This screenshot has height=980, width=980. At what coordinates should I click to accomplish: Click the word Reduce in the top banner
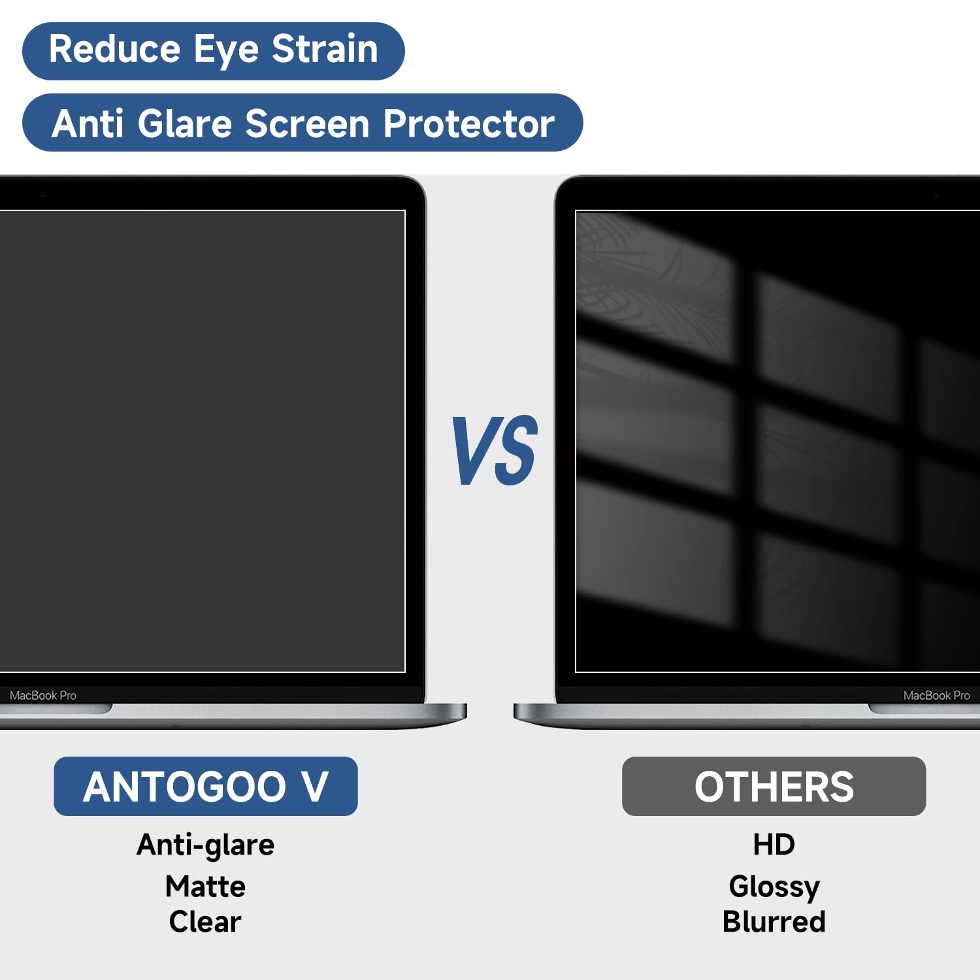point(114,50)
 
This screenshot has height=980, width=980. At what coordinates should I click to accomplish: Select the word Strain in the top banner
point(325,50)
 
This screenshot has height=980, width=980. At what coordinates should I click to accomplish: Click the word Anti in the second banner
point(88,123)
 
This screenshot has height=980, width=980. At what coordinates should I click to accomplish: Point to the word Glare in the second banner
point(185,123)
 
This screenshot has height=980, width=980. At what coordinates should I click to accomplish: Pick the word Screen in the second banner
point(307,123)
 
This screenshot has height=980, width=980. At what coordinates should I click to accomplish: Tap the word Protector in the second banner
point(468,123)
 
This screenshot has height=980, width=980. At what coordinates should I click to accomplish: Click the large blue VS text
point(495,451)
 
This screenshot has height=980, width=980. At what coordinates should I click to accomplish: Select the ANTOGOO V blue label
point(205,786)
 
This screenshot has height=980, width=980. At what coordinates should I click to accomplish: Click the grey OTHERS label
point(774,786)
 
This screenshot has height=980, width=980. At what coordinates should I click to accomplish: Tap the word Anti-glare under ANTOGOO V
point(205,845)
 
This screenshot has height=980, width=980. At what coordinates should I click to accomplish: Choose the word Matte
point(205,887)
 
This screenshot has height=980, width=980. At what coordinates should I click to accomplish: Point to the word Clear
point(205,922)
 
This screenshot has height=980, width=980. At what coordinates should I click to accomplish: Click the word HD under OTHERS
point(774,844)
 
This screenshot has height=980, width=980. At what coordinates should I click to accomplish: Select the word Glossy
point(774,887)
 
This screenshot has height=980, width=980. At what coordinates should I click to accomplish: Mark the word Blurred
point(774,922)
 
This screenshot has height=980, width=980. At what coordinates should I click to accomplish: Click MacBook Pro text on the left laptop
point(43,696)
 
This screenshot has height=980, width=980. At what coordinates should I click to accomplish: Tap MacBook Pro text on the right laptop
point(936,696)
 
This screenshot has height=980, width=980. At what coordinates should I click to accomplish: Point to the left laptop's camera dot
point(43,195)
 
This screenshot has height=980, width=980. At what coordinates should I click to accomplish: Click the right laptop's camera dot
point(936,195)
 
